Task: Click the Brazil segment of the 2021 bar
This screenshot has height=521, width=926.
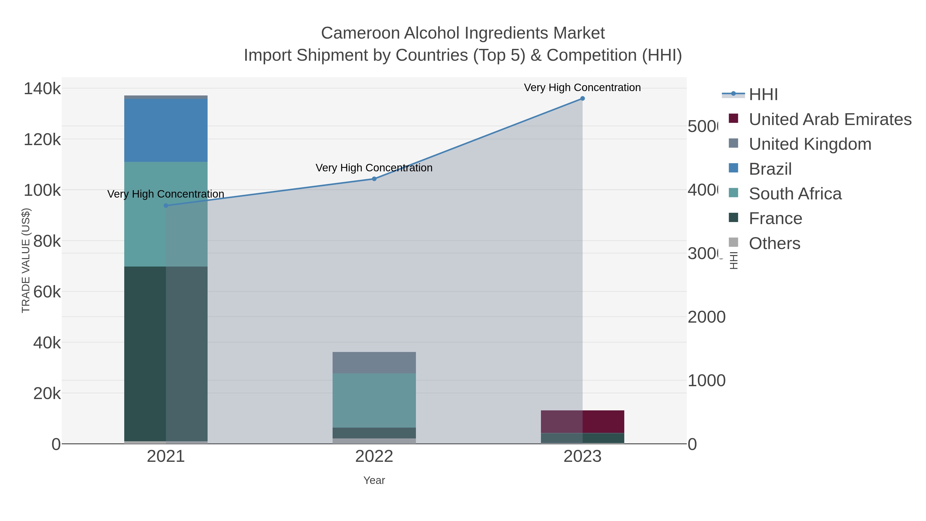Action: [x=166, y=130]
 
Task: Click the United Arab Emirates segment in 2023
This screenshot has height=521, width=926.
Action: [x=582, y=421]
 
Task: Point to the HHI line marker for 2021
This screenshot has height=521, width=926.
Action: [x=166, y=206]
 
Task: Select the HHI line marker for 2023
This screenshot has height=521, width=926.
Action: [x=582, y=99]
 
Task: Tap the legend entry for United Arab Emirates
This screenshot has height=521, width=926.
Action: [x=830, y=119]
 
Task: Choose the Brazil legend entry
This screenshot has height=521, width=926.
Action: [x=770, y=169]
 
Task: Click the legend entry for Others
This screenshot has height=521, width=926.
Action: [x=774, y=243]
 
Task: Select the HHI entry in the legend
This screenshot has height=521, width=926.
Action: [x=763, y=95]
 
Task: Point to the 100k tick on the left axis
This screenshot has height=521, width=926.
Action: [x=42, y=190]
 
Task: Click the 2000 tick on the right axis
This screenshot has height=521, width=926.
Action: [x=706, y=317]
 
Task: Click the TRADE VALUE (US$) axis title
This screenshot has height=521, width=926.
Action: [x=26, y=260]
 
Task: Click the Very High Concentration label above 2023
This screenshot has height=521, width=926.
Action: [x=582, y=87]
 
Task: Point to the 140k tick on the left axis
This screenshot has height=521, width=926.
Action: [x=42, y=89]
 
